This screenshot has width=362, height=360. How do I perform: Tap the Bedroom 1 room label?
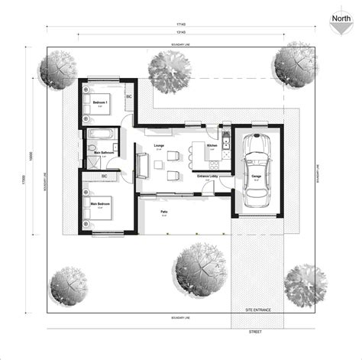pyautogui.click(x=100, y=102)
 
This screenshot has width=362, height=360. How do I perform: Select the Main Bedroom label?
pyautogui.click(x=101, y=204)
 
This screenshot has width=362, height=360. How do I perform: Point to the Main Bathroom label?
pyautogui.click(x=104, y=152)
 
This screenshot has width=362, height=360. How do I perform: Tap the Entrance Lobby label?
pyautogui.click(x=208, y=177)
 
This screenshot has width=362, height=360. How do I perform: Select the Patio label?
pyautogui.click(x=163, y=212)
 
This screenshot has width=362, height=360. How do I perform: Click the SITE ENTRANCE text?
pyautogui.click(x=258, y=311)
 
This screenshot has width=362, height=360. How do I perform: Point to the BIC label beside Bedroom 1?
pyautogui.click(x=128, y=97)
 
